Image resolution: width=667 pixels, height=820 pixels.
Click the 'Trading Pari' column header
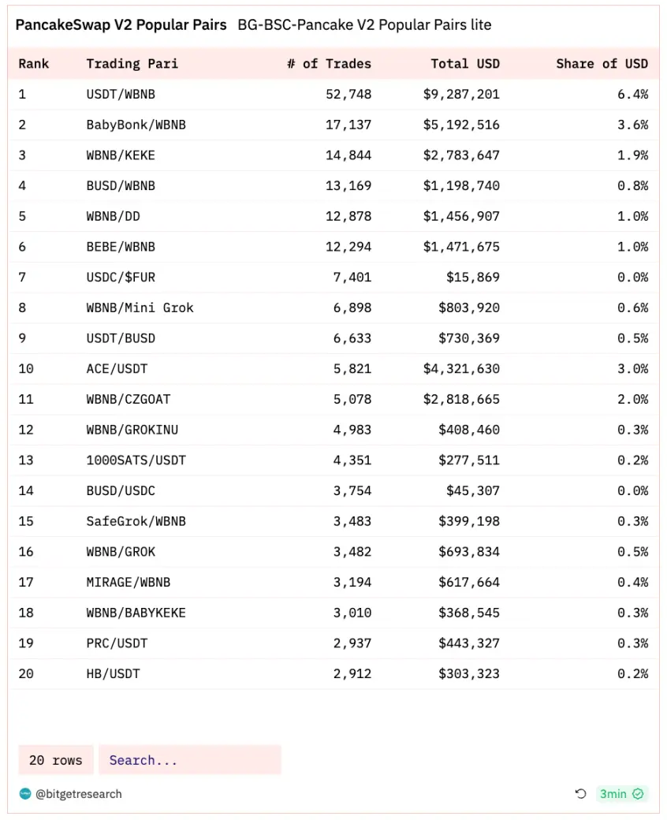(x=132, y=64)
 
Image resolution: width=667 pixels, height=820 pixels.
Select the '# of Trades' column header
(x=329, y=64)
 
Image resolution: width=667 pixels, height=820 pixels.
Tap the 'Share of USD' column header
(x=602, y=64)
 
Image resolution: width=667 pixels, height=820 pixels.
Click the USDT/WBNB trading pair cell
(x=121, y=95)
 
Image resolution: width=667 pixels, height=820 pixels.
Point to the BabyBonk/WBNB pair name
(x=136, y=125)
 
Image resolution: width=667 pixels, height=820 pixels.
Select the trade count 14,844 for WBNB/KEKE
(x=348, y=155)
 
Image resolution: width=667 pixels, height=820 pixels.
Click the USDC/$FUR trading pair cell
(x=121, y=278)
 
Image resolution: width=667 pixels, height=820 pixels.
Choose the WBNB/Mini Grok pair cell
(x=140, y=307)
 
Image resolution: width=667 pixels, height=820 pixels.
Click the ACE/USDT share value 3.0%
(x=633, y=369)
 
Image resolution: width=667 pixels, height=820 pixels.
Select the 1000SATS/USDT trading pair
(x=136, y=460)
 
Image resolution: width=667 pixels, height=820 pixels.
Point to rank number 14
(x=26, y=490)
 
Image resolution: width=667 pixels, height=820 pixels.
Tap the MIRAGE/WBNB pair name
(x=128, y=583)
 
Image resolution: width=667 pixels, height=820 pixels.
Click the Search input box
(x=189, y=760)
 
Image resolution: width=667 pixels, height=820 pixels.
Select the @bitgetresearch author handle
(x=79, y=794)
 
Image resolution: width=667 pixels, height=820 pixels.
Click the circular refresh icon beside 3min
(x=581, y=794)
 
